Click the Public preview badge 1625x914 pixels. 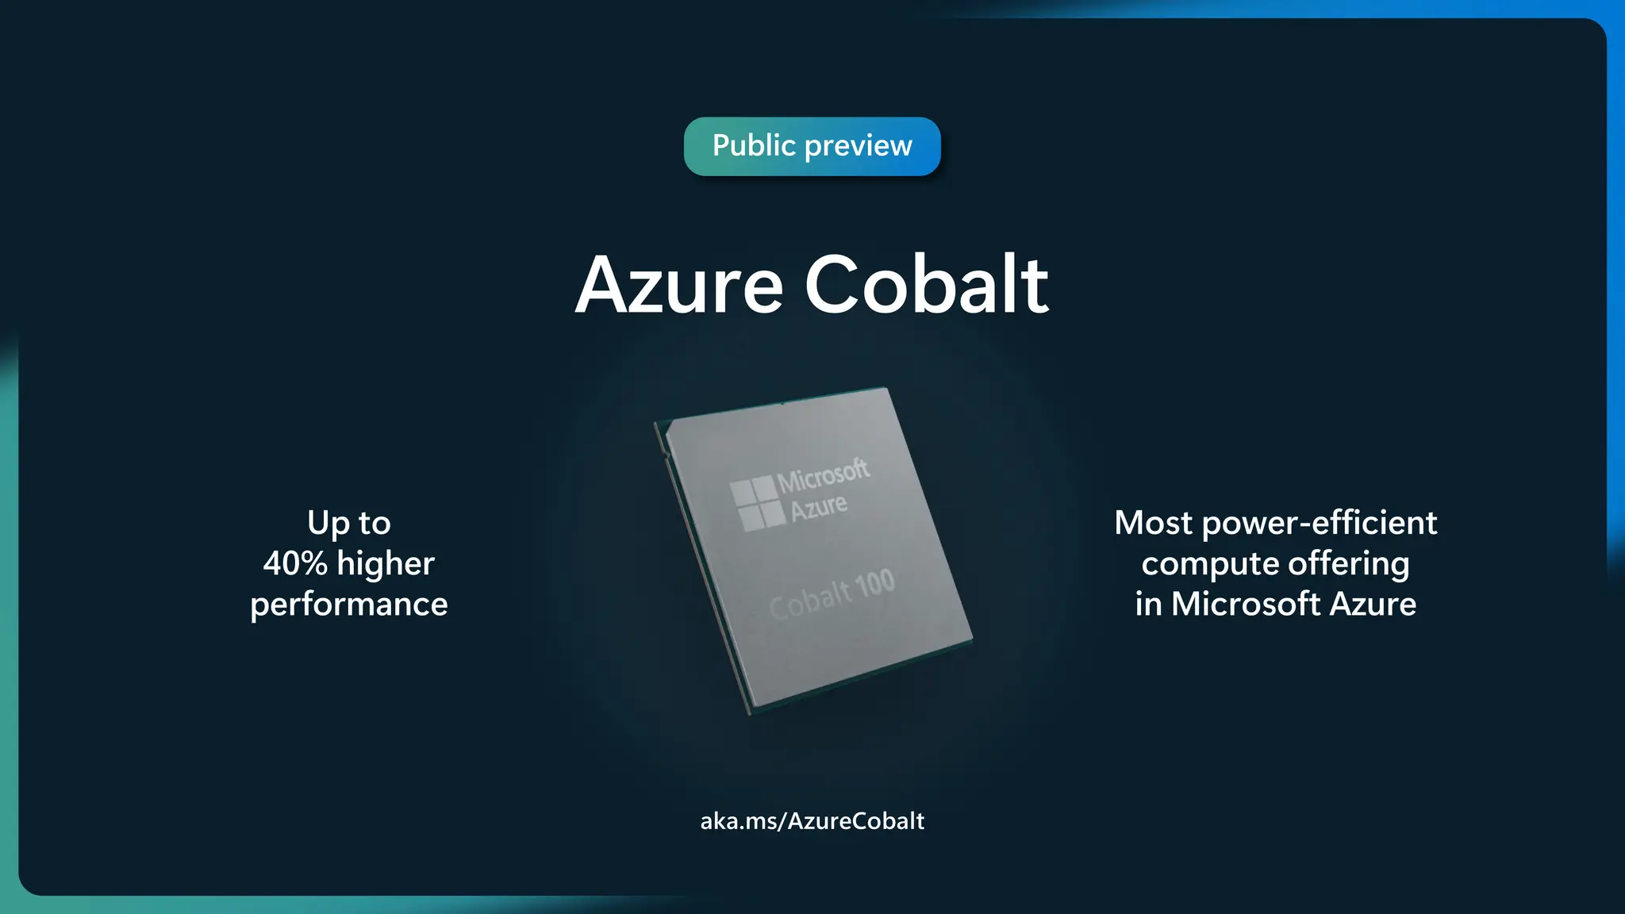point(812,147)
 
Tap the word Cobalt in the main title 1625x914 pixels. point(926,286)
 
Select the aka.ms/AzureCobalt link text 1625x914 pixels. point(812,820)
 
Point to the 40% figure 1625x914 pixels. point(295,564)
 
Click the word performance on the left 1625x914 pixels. point(349,605)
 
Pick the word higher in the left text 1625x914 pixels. point(386,564)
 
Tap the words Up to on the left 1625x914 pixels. point(349,523)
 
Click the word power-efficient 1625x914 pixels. point(1319,524)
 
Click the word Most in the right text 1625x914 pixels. point(1153,523)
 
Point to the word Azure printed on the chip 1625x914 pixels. point(818,507)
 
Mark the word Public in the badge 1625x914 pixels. point(754,146)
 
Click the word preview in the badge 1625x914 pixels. point(858,147)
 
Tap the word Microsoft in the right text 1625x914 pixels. point(1247,605)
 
